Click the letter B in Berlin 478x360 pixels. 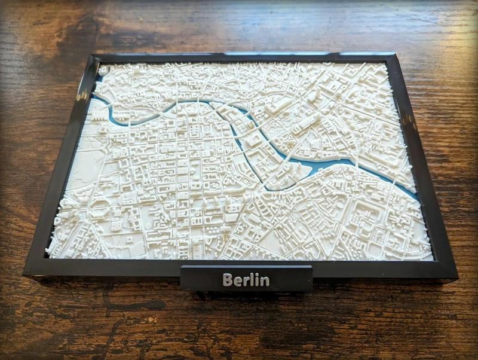(x=228, y=280)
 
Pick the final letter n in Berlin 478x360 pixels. (x=264, y=281)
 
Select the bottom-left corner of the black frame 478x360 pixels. (x=25, y=274)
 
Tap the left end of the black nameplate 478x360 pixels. (x=183, y=279)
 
